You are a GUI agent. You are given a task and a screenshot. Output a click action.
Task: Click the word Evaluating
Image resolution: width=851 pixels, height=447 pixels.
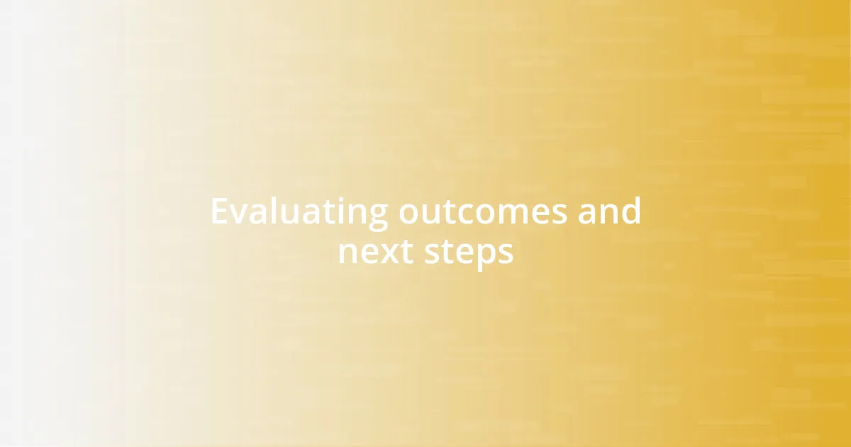(x=299, y=212)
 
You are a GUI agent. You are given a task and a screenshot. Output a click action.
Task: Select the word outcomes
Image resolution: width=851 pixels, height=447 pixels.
(x=482, y=212)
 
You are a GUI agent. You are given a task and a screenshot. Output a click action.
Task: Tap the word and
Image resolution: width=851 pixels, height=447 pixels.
(x=609, y=212)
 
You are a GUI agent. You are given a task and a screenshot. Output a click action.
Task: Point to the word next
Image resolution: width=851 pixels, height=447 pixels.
(x=375, y=253)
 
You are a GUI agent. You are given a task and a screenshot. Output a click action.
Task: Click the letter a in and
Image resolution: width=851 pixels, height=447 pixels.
(x=586, y=214)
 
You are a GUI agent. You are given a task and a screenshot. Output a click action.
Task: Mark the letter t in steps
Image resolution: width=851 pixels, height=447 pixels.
(x=443, y=253)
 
